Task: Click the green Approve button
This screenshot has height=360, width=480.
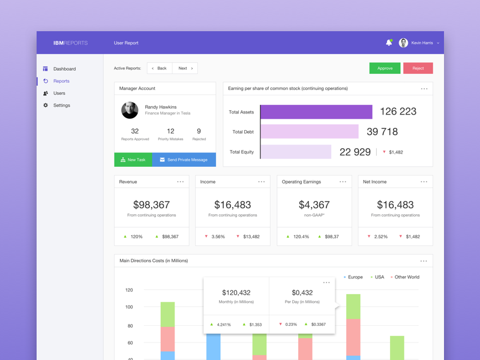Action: point(385,68)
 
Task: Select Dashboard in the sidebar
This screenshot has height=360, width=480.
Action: point(64,69)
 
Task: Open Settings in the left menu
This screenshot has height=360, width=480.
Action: point(61,106)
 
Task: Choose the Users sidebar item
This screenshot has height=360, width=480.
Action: point(59,94)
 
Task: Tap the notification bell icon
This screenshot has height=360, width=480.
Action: point(389,43)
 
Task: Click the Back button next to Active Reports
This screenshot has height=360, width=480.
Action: point(160,68)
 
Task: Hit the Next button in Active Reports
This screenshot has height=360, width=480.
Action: point(185,68)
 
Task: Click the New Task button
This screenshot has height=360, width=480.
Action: point(133,160)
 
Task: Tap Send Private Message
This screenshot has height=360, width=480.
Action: point(184,160)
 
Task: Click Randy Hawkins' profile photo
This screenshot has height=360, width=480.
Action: point(130,110)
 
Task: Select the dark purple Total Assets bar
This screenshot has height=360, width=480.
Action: point(316,112)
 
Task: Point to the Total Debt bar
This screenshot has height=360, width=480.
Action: point(310,132)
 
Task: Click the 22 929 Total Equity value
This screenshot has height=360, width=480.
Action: point(355,152)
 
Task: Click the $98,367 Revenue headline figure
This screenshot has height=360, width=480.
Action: point(151,205)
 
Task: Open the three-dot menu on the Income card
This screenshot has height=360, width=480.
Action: point(262,182)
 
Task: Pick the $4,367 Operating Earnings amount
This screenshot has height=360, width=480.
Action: point(314,205)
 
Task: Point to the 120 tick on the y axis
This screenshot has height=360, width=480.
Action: point(129,290)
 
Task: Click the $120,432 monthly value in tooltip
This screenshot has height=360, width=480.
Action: point(236,293)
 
